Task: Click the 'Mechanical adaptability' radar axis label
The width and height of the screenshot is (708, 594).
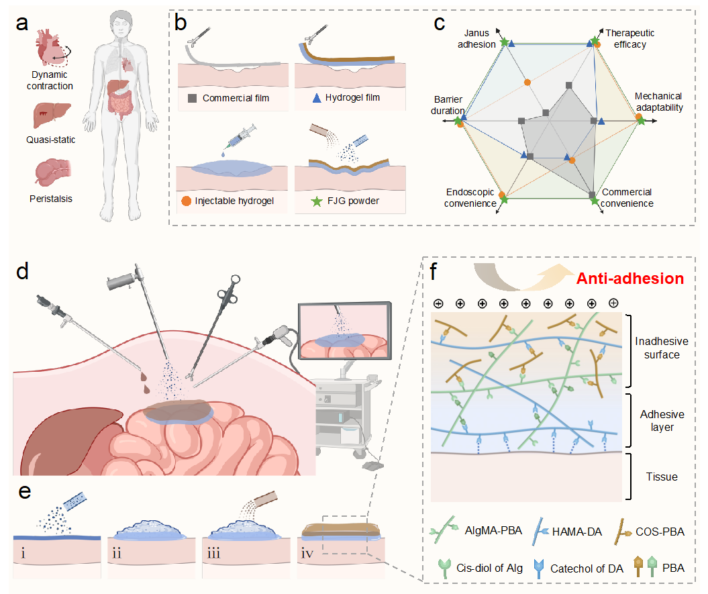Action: pos(658,101)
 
